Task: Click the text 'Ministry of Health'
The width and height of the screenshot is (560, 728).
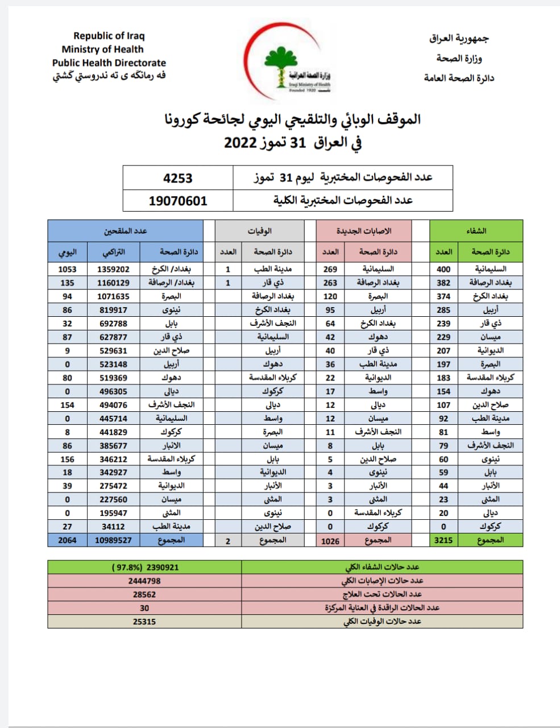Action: pos(102,49)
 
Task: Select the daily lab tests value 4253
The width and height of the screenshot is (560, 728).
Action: pos(178,178)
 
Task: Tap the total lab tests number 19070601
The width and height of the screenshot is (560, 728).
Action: pos(178,201)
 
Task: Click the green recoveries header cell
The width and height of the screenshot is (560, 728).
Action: pos(476,231)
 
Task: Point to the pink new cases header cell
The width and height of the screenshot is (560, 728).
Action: pos(364,231)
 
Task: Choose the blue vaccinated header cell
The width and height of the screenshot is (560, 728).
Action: pos(125,231)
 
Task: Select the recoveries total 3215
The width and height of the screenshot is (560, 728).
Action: pos(443,540)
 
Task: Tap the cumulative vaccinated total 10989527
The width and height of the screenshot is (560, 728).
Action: pos(114,540)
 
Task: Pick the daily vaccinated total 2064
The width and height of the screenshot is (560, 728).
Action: pos(67,540)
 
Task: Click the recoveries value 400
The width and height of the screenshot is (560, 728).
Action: pos(443,269)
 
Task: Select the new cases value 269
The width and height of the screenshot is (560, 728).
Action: pos(330,269)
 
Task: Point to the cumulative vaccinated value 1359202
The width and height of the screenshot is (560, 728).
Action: pos(114,269)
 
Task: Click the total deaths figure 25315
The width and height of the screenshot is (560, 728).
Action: pos(144,622)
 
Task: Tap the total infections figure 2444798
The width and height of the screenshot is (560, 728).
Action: pos(144,581)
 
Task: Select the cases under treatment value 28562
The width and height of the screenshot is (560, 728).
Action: pos(144,594)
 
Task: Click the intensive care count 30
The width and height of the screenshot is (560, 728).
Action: pos(144,608)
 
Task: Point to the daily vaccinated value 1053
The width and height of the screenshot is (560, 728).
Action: pos(67,269)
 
